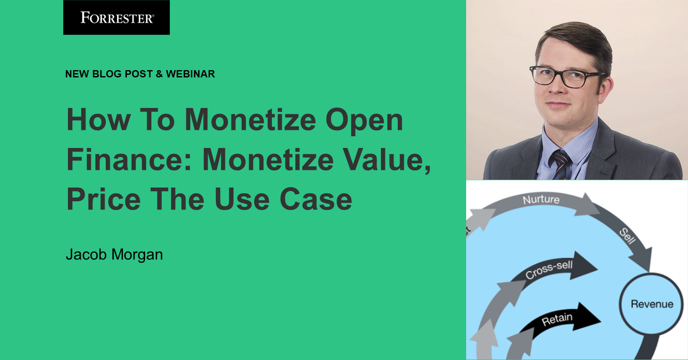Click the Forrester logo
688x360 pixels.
pos(117,18)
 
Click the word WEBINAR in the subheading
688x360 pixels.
pos(190,74)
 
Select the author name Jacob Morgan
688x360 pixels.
pos(114,254)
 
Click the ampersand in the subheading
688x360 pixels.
pos(159,74)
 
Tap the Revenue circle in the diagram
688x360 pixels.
pos(652,304)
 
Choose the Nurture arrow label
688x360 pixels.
pos(541,199)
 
